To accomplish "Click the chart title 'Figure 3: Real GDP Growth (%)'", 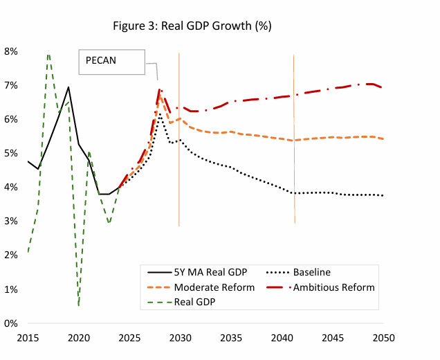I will (192, 26).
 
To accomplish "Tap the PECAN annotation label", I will (101, 60).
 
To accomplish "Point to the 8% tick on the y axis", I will (11, 51).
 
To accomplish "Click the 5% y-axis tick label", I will (11, 153).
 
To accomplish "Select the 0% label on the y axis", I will (11, 323).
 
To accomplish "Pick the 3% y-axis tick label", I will (11, 221).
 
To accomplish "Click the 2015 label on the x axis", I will (28, 339).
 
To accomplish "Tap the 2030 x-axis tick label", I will (180, 339).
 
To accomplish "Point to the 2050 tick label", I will (383, 339).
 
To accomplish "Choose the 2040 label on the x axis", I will (282, 339).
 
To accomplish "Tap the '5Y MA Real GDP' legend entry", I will (201, 272).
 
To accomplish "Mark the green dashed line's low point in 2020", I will (79, 305).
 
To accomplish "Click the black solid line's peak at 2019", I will (68, 87).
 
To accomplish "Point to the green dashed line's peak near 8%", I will (48, 53).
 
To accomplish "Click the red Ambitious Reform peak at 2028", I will (160, 89).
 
